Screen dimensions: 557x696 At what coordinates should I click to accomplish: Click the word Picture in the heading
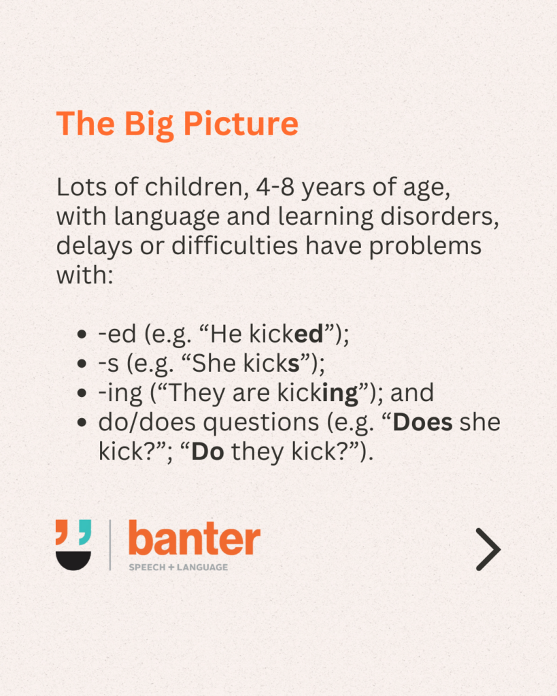click(241, 124)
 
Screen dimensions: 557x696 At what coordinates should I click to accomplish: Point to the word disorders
click(440, 217)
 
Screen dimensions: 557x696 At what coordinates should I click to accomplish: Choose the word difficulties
click(235, 246)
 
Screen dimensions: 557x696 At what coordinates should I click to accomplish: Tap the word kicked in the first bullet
click(286, 334)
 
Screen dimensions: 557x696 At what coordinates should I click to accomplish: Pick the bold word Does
click(422, 422)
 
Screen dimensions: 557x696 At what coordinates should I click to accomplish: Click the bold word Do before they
click(207, 452)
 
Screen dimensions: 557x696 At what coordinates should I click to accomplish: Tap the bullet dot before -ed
click(82, 334)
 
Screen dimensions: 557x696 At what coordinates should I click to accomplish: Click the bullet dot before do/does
click(82, 423)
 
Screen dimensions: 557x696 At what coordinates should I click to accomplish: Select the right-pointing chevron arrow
click(488, 549)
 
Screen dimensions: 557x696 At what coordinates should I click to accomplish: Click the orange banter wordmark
click(194, 538)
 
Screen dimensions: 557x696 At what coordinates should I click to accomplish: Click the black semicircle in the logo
click(73, 560)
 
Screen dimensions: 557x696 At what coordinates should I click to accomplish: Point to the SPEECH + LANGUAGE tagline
click(178, 568)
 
